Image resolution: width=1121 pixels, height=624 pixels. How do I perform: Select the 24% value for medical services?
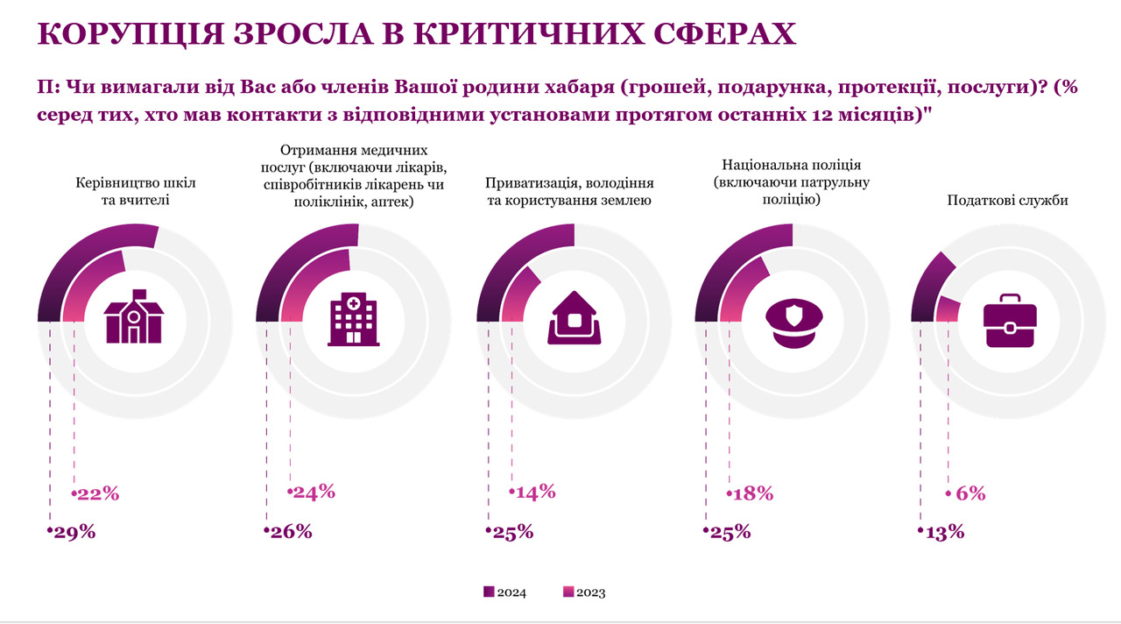coord(314,491)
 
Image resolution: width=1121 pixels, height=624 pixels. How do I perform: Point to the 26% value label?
coord(290,531)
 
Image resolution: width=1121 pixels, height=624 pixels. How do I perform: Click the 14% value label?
coord(534,491)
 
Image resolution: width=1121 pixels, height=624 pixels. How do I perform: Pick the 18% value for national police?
coord(751,493)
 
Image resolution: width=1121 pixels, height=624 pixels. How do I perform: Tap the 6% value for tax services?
coord(969,493)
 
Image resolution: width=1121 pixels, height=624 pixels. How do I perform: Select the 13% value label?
coord(943,531)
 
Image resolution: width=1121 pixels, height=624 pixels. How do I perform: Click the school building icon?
coord(135,316)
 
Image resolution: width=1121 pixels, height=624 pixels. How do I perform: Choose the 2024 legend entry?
coord(505,592)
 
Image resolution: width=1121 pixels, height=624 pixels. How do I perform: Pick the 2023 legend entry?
coord(584,592)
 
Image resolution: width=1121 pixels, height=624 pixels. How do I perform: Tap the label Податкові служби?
coord(1008,201)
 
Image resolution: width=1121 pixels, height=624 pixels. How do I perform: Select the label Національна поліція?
coord(792,165)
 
